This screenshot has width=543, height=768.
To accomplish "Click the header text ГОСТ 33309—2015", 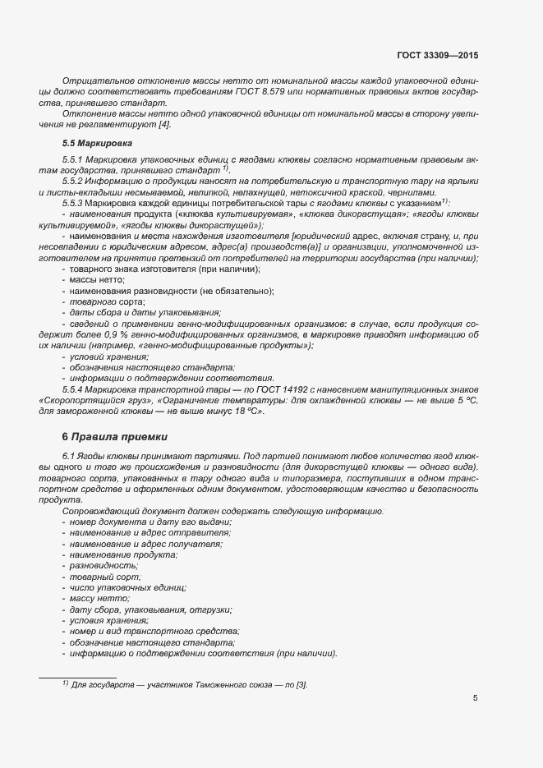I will click(437, 57).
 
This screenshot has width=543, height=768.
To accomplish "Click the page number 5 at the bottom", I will click(476, 699).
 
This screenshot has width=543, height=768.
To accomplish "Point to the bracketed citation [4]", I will click(164, 124).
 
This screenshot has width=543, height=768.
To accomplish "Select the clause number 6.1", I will click(68, 454).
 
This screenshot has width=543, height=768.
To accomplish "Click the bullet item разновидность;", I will click(104, 566).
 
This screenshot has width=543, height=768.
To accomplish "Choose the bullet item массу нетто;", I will click(98, 599).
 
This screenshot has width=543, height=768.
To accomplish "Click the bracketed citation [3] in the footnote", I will click(301, 683).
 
